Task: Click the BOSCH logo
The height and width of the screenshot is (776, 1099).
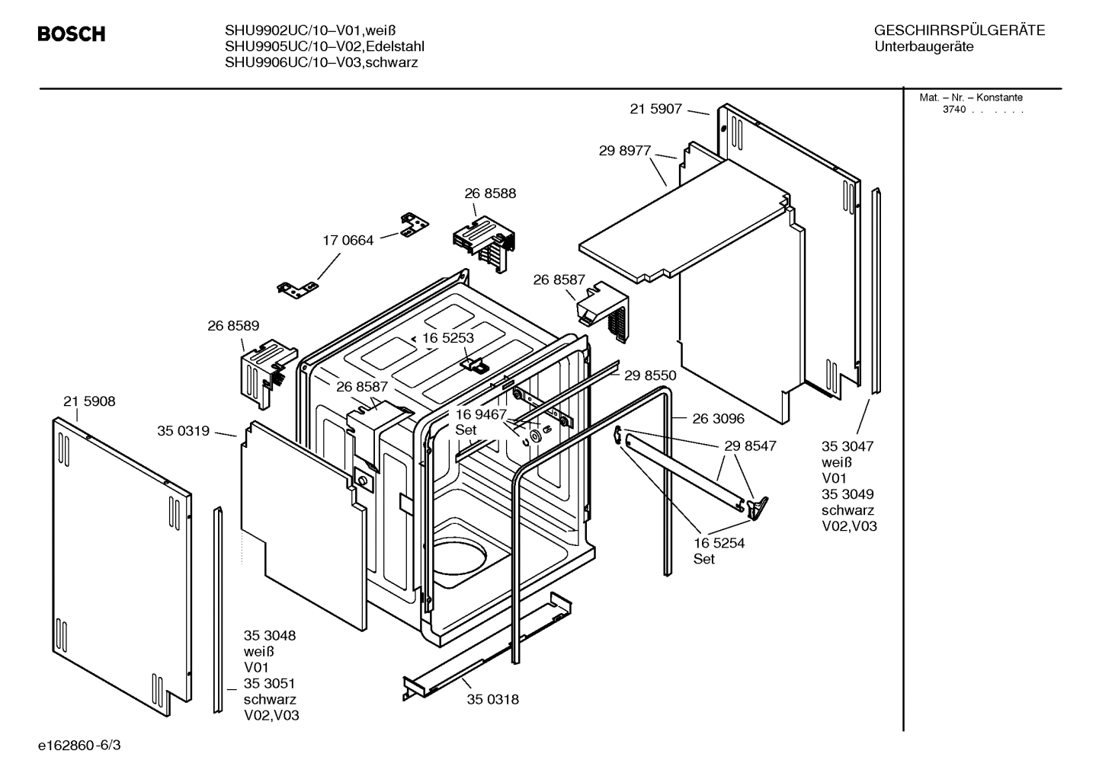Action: tap(72, 34)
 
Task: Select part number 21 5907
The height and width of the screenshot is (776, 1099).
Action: tap(655, 109)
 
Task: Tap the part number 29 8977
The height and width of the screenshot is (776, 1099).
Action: tap(624, 151)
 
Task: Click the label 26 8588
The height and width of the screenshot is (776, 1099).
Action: tap(490, 193)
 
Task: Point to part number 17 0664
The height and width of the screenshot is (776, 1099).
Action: tap(348, 241)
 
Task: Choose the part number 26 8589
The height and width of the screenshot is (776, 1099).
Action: tap(233, 325)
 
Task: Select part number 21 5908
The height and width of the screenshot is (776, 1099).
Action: tap(89, 401)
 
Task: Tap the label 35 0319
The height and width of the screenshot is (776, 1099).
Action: tap(183, 431)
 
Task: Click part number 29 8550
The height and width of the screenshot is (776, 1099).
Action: tap(650, 375)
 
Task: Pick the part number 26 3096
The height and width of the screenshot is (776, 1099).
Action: tap(718, 418)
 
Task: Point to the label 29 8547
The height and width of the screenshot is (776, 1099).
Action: tap(750, 445)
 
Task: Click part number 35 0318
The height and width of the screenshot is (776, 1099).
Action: tap(492, 699)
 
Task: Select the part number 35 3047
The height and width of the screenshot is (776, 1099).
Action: tap(847, 446)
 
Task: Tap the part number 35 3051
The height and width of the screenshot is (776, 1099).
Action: tap(269, 683)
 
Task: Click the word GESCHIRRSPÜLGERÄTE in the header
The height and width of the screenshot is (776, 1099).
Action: tap(959, 30)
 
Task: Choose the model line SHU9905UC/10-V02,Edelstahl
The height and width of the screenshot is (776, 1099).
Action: tap(324, 46)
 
